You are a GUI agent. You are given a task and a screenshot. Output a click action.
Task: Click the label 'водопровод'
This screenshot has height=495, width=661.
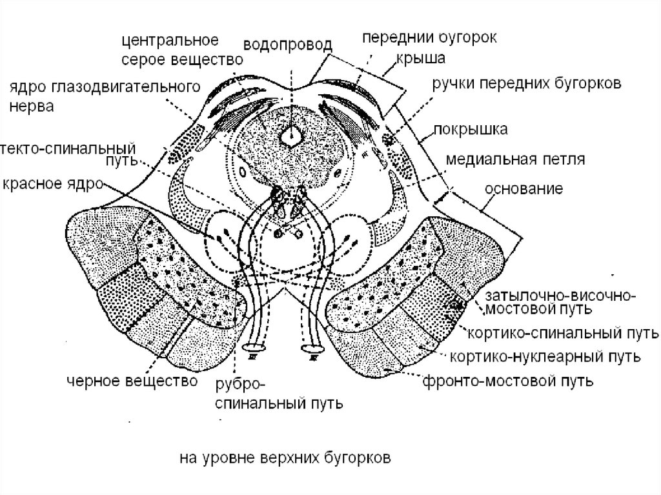coord(288,45)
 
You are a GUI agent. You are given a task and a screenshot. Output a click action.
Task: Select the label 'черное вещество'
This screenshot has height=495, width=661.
coord(131,381)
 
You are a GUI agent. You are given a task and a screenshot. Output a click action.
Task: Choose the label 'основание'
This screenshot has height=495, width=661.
coord(524,189)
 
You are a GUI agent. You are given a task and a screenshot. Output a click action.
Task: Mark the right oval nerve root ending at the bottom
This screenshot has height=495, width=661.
coord(312,349)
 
